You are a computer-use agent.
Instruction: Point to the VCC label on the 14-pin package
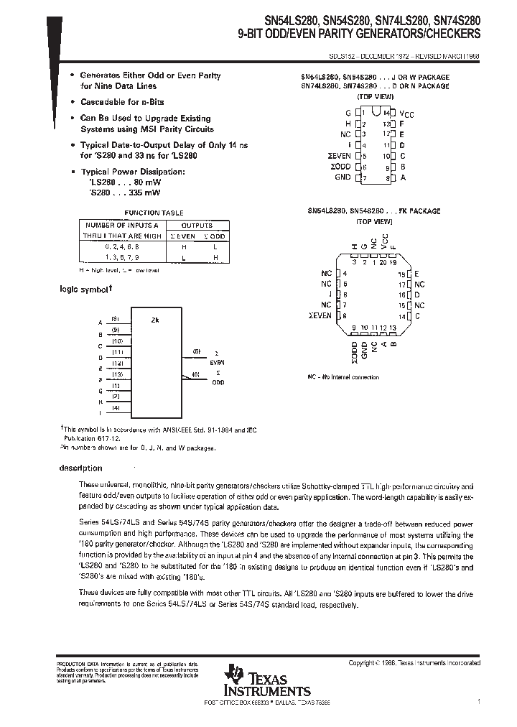(407, 114)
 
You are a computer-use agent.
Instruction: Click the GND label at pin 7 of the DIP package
(343, 177)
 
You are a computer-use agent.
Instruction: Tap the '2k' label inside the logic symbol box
(154, 320)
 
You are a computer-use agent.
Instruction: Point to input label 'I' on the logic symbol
(101, 412)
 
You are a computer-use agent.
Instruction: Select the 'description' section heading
(81, 468)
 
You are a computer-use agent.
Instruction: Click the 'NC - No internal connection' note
(343, 376)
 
